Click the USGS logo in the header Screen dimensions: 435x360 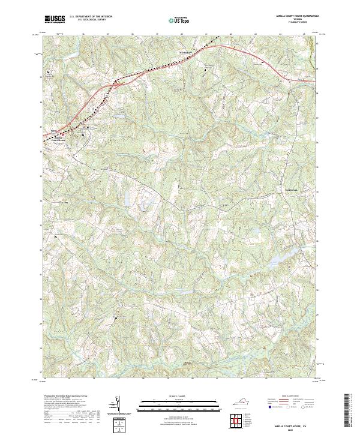[x=55, y=19]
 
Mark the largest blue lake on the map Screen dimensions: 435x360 [x=273, y=259]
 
